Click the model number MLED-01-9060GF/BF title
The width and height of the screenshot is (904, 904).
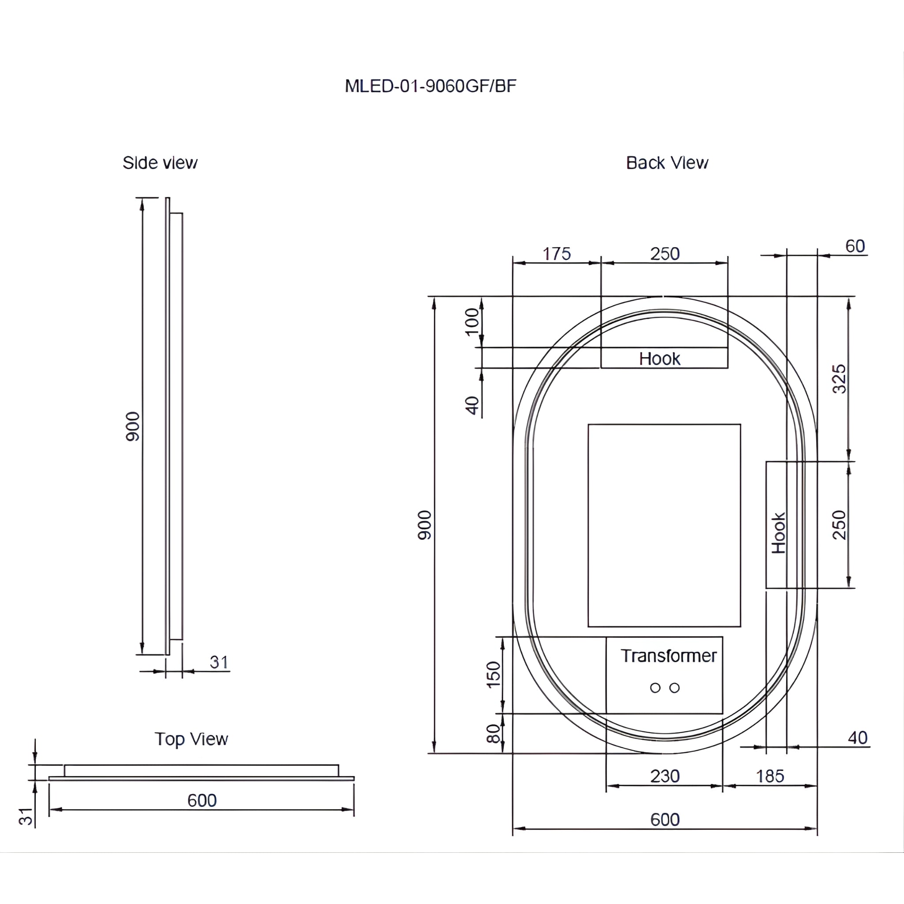[x=430, y=86]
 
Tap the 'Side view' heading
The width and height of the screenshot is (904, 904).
[x=160, y=163]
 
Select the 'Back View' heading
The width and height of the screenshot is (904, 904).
[x=667, y=163]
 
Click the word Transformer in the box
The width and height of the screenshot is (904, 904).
[x=669, y=656]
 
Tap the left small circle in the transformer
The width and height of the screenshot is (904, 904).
[x=655, y=688]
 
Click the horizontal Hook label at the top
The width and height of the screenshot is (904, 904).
[x=660, y=359]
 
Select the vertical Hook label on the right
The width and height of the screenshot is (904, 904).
[x=779, y=533]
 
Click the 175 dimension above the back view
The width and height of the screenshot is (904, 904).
[x=556, y=254]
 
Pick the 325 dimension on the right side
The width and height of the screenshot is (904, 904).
[x=840, y=379]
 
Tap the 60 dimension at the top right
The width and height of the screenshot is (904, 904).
[x=855, y=247]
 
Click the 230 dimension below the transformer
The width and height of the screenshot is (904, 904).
[x=664, y=776]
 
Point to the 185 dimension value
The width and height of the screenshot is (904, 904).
[x=770, y=777]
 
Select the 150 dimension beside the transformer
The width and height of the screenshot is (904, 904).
[x=493, y=675]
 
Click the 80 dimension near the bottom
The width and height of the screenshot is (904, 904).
[x=493, y=734]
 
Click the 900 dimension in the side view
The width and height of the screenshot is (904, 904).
[x=133, y=426]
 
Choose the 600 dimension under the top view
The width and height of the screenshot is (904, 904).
[x=202, y=801]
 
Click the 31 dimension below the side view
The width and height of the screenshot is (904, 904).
[x=219, y=663]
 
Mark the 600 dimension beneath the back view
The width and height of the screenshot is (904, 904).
[x=664, y=820]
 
